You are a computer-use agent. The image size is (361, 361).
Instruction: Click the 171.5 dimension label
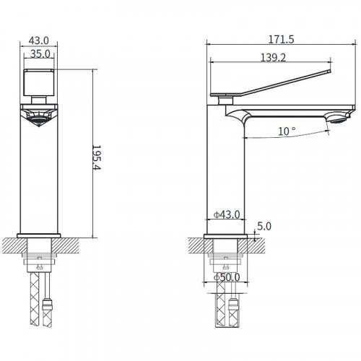(281, 39)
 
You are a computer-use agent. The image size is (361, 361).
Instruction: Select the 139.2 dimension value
(274, 58)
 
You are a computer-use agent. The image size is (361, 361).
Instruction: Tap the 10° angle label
(287, 131)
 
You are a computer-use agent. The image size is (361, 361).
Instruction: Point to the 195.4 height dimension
(97, 157)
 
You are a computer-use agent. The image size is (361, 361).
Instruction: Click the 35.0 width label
(40, 53)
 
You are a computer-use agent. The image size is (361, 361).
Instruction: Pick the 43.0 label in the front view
(39, 40)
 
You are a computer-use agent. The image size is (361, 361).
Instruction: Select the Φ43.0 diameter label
(227, 214)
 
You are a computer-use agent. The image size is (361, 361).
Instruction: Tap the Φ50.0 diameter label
(227, 277)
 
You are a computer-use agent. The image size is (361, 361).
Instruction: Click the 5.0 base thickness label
(264, 226)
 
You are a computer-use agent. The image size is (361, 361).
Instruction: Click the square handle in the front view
(39, 82)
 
